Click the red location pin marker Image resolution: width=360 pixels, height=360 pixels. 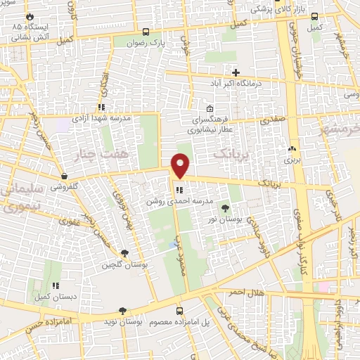click(181, 166)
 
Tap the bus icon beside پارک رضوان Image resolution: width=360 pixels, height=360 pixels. click(146, 32)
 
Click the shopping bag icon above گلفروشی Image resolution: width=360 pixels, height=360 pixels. click(65, 176)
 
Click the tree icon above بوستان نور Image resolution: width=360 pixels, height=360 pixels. click(225, 208)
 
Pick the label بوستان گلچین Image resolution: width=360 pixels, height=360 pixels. click(124, 265)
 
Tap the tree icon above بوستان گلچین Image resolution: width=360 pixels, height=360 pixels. click(125, 253)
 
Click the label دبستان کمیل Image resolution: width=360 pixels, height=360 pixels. click(55, 297)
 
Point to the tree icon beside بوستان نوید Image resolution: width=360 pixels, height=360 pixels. click(122, 310)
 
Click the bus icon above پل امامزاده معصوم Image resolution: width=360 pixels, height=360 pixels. click(179, 310)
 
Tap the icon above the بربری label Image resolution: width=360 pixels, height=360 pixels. click(292, 149)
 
